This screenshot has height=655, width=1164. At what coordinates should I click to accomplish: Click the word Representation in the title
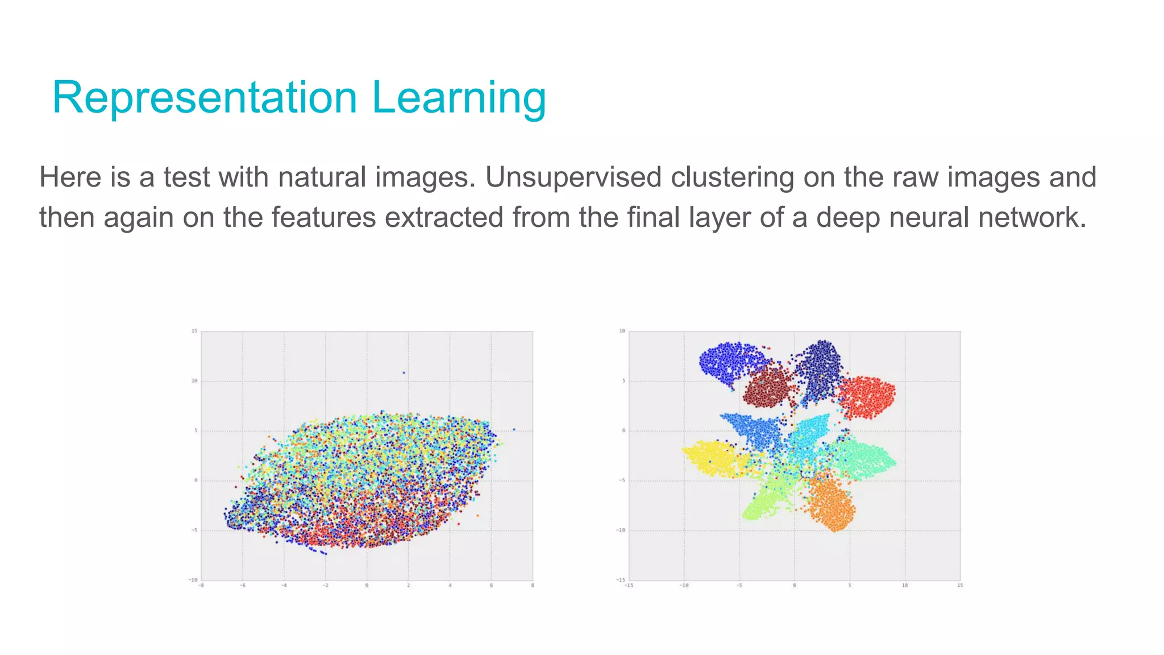[205, 98]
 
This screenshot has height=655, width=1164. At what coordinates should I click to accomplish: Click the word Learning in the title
[459, 98]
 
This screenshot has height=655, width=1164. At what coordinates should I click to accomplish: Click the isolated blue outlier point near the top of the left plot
[404, 373]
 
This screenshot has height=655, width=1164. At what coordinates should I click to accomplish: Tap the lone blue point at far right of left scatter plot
[514, 430]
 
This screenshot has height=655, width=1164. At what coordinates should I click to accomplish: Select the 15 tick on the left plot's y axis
[194, 331]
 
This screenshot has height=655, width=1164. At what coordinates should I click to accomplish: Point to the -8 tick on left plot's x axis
[201, 585]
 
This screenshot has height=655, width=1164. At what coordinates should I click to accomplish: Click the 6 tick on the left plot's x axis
[491, 585]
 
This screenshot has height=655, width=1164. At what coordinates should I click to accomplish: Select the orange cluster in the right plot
[832, 503]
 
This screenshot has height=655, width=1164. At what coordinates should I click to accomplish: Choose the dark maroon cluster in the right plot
[767, 387]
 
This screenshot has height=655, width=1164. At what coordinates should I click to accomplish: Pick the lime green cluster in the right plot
[763, 500]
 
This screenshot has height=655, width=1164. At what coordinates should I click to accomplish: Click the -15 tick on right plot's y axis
[621, 579]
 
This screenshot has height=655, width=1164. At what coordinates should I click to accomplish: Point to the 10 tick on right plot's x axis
[905, 585]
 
